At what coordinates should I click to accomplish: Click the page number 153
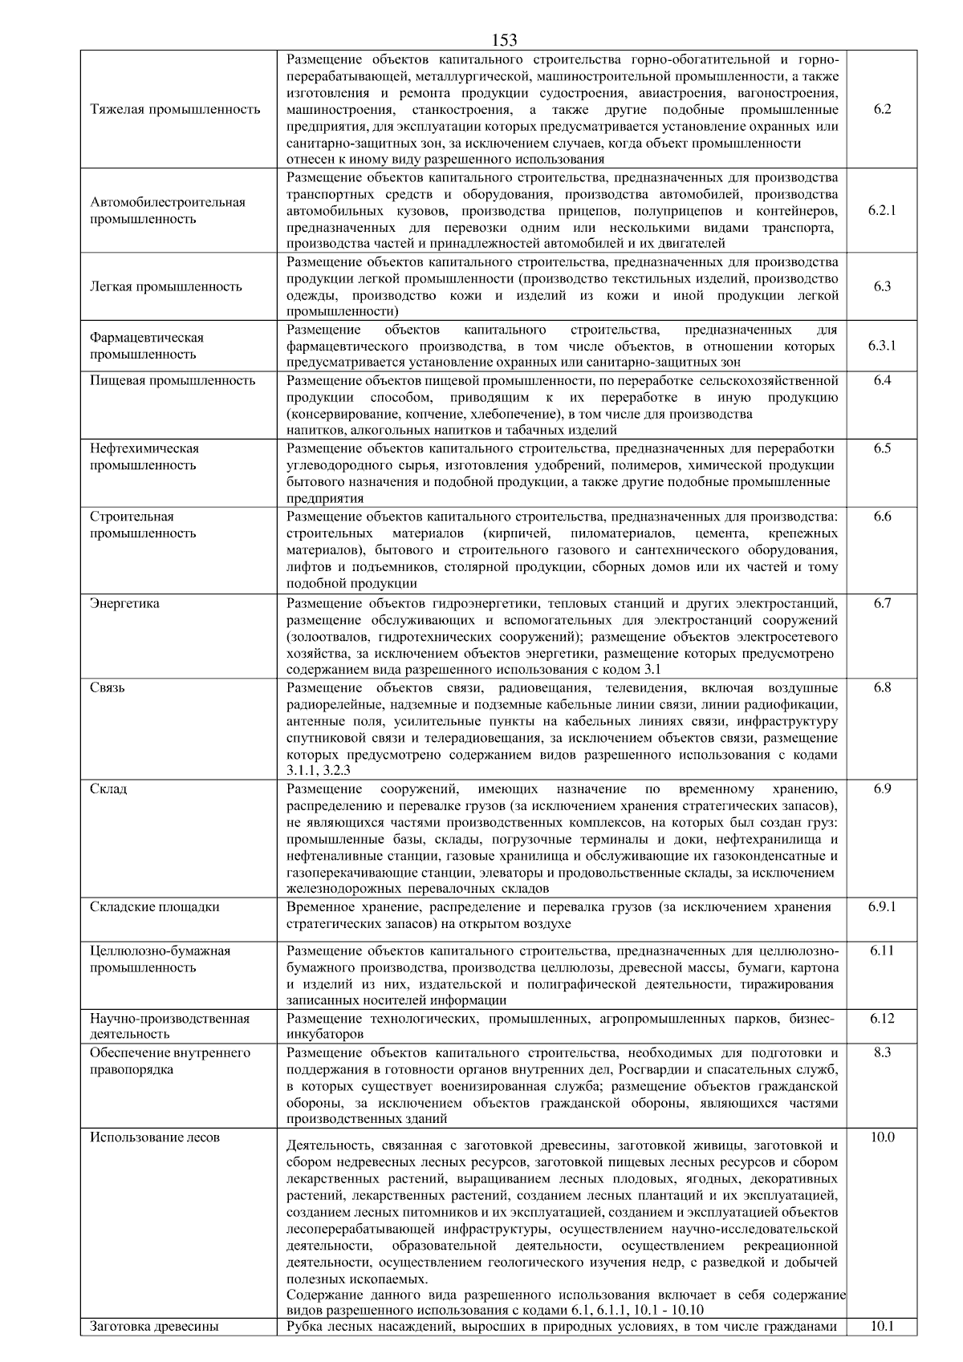(x=504, y=40)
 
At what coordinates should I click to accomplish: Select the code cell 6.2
(x=882, y=109)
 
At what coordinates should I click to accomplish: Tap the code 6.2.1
(x=882, y=210)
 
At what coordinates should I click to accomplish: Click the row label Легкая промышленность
(x=166, y=286)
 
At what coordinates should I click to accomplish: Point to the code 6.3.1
(x=882, y=346)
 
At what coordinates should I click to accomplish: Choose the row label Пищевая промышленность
(x=173, y=380)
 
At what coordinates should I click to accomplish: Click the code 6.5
(x=882, y=448)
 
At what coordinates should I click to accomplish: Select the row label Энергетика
(x=124, y=603)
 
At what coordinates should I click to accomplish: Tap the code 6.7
(x=882, y=603)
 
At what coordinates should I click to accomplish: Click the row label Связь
(x=108, y=687)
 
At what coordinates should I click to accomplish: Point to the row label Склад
(x=108, y=788)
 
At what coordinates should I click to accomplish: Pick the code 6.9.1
(x=882, y=906)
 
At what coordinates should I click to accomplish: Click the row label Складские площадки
(x=155, y=906)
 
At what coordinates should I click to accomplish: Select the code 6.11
(x=882, y=951)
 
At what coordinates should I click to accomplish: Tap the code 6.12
(x=882, y=1018)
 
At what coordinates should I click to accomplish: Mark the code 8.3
(x=882, y=1052)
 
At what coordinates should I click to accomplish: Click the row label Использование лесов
(x=155, y=1137)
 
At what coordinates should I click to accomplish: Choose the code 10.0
(x=882, y=1137)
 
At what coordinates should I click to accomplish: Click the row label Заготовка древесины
(x=154, y=1326)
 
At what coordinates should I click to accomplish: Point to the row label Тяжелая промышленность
(x=175, y=109)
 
